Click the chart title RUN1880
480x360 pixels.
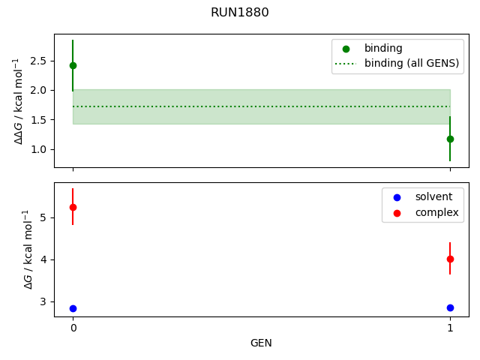(239, 13)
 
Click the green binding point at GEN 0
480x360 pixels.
(73, 65)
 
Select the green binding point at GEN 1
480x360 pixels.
(450, 139)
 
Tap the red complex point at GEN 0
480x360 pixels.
(73, 207)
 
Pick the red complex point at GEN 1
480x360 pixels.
(450, 259)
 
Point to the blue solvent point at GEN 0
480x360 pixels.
(73, 308)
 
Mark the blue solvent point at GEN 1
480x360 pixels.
(450, 307)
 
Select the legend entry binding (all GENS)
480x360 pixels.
(411, 64)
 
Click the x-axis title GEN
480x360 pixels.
(261, 343)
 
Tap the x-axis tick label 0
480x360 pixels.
(73, 328)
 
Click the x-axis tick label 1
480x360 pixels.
(450, 328)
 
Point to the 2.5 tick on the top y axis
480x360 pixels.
(40, 60)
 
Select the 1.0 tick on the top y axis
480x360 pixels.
(40, 149)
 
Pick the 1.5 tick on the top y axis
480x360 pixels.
(40, 120)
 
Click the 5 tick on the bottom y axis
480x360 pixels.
(43, 217)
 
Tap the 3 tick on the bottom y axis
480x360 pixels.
(43, 301)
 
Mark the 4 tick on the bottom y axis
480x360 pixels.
(43, 259)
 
